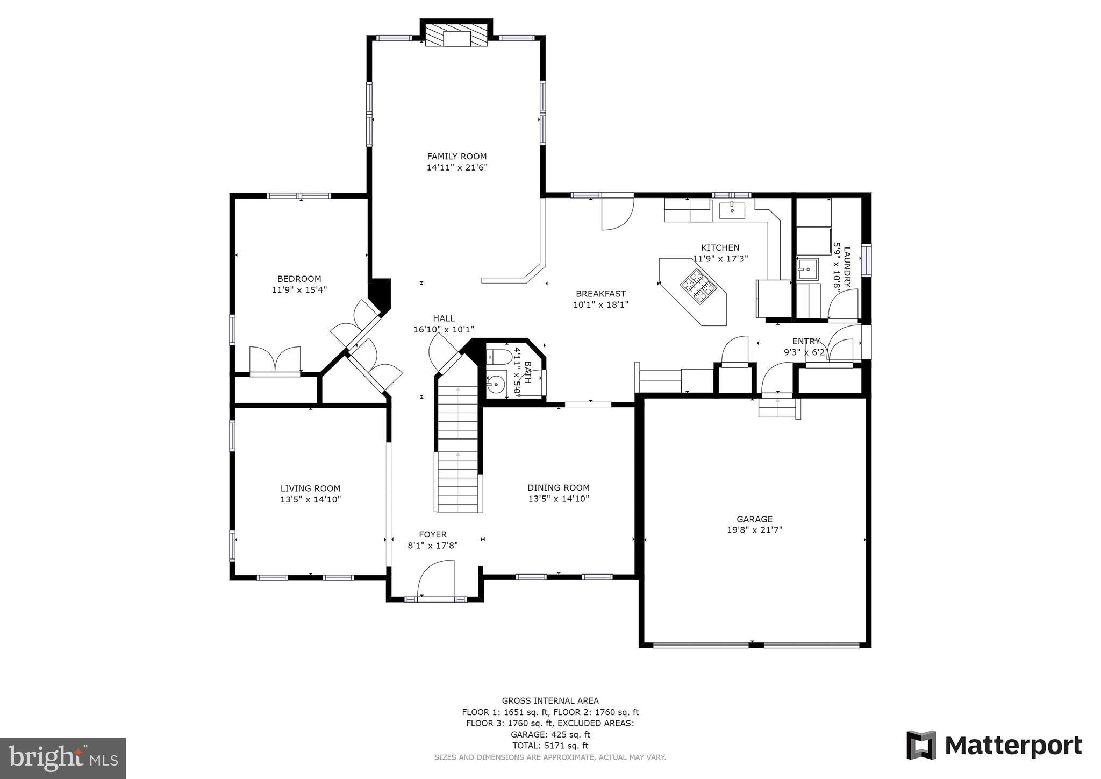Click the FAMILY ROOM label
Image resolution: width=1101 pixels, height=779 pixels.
click(456, 157)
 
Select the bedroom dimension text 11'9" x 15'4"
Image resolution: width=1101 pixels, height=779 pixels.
click(299, 290)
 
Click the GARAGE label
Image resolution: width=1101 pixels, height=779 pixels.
click(754, 519)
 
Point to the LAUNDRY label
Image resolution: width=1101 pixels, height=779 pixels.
click(847, 267)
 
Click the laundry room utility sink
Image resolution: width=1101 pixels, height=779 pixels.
click(807, 270)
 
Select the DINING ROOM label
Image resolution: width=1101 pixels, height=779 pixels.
click(558, 488)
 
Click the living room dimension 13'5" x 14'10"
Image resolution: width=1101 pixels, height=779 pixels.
click(310, 500)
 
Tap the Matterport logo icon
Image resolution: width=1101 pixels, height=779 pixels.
click(921, 745)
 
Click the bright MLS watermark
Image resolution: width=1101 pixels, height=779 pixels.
click(63, 758)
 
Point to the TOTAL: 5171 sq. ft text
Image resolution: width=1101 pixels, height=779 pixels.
click(549, 746)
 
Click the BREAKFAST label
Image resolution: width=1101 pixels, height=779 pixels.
click(600, 294)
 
